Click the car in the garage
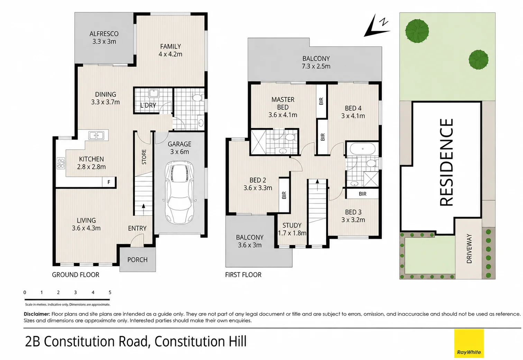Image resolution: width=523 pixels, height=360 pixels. point(180,192)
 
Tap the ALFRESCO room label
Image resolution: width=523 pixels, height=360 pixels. point(104,34)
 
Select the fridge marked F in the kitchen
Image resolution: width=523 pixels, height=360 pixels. point(109,182)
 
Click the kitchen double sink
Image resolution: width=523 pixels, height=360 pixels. point(96,135)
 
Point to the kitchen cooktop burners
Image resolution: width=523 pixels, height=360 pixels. point(61,163)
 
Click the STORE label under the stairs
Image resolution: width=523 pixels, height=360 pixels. point(144,157)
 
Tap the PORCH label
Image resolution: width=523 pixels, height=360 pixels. point(138,260)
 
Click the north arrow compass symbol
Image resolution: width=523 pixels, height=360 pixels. point(376,26)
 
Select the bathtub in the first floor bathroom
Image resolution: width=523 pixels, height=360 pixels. point(363,149)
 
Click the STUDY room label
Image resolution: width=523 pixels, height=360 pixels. point(292,225)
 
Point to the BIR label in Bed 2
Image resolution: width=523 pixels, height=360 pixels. point(284,195)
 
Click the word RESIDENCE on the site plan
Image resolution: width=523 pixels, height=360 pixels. point(447,162)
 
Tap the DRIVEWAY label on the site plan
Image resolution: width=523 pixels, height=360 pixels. point(469,249)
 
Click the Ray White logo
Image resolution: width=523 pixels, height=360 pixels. point(469,343)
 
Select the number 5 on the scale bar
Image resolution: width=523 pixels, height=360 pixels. point(110,292)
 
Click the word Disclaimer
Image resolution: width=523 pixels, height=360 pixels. point(37,314)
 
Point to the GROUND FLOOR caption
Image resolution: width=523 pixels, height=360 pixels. point(76,275)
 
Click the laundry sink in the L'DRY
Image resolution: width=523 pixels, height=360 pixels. point(154,93)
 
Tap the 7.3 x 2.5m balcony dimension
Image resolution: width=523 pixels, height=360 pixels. point(316,66)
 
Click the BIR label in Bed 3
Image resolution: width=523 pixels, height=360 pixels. point(363,193)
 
